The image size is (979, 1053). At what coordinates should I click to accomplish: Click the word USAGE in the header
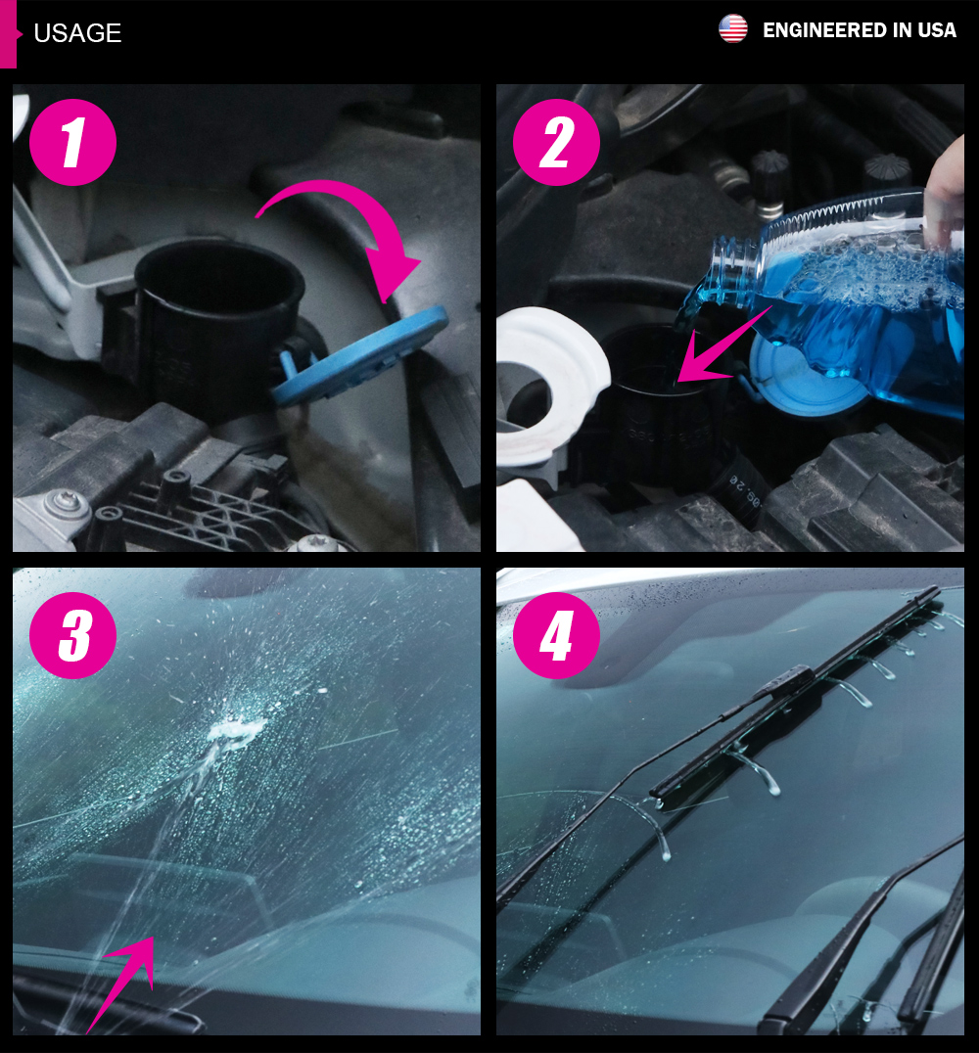coord(77,33)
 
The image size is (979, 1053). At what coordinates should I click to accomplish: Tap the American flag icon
coord(732,29)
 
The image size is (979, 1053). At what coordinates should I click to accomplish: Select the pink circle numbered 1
coord(72,142)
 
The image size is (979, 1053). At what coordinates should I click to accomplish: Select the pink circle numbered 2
coord(556,142)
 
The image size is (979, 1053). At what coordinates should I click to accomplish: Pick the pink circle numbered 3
coord(72,635)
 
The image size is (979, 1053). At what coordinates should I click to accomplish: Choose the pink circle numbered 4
coord(556,635)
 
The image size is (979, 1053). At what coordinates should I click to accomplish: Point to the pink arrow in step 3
coord(124,981)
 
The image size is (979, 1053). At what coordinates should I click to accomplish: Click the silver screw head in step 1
coord(66,501)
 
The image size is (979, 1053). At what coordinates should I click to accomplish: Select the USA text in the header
coord(937,30)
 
